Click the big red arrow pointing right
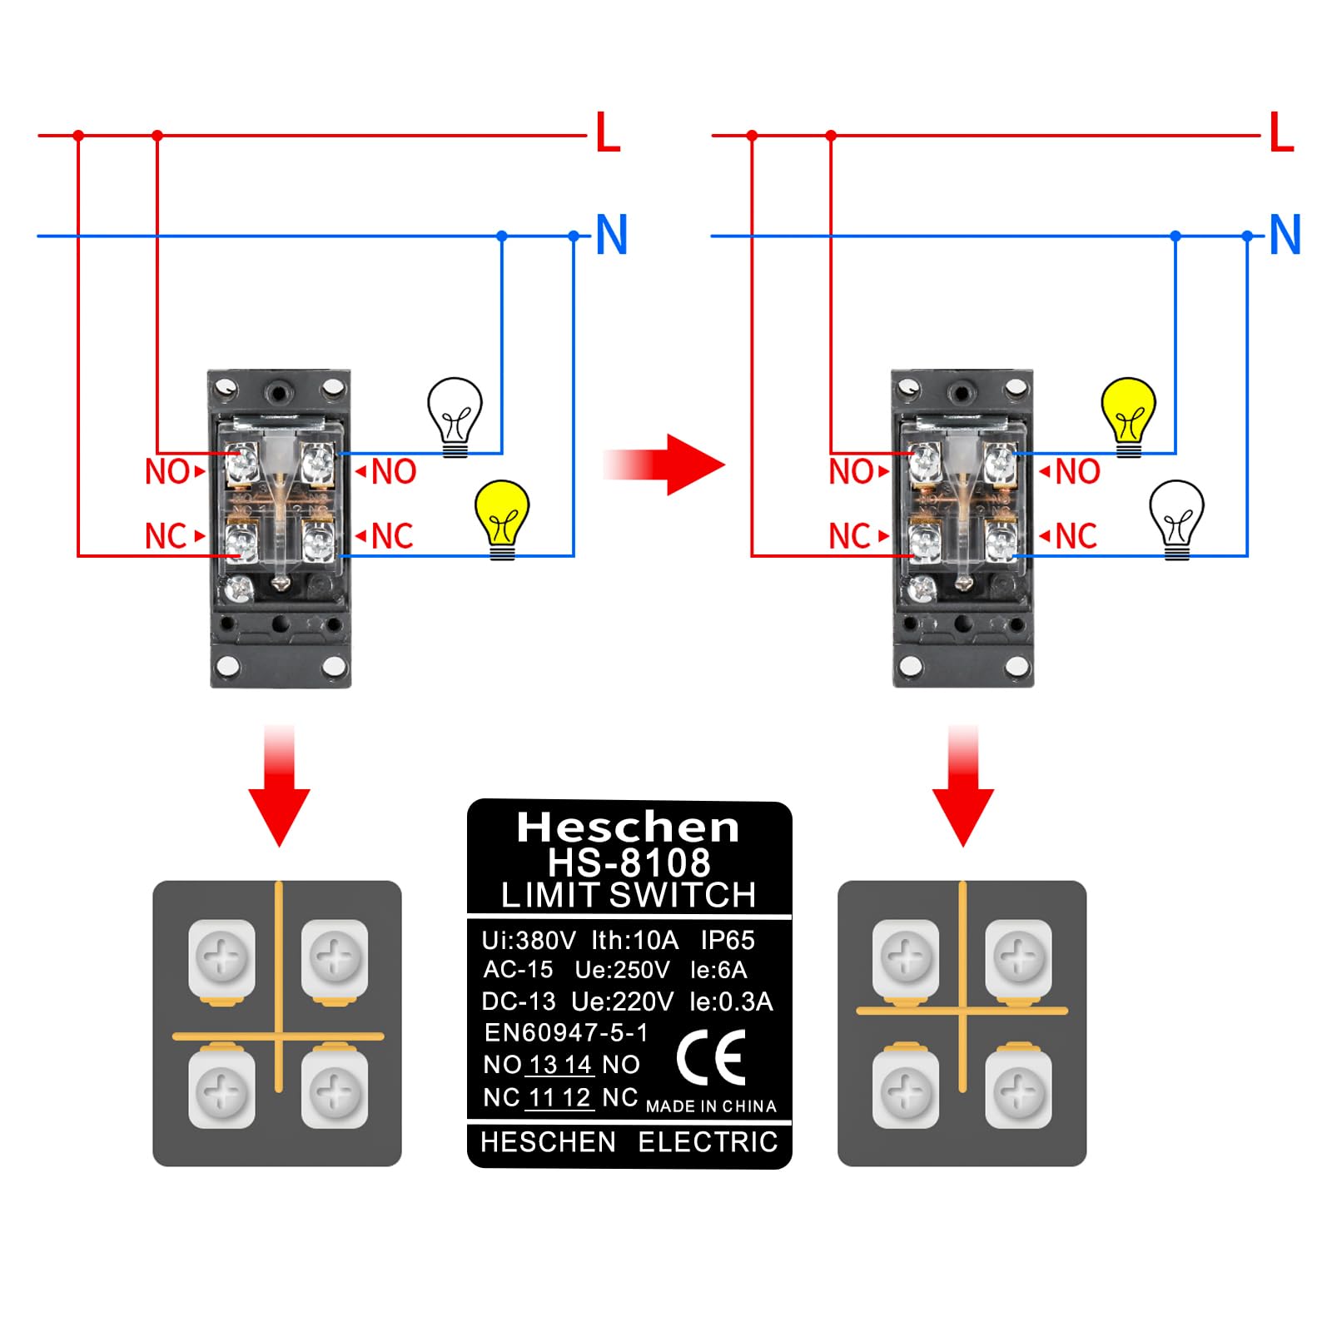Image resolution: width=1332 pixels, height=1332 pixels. (666, 464)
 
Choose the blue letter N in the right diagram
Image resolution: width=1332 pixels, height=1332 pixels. (1285, 236)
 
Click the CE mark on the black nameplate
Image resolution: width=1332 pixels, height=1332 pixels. (712, 1057)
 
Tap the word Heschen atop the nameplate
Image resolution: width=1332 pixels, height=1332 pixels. (628, 828)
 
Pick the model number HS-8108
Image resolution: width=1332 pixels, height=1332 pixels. (629, 862)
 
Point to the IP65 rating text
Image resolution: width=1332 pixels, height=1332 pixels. (727, 940)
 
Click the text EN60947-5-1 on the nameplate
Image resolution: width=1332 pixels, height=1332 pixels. (566, 1033)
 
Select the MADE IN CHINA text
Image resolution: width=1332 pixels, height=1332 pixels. (711, 1106)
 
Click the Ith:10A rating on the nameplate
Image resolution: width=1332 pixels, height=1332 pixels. (634, 940)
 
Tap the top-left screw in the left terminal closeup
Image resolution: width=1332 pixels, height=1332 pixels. (221, 957)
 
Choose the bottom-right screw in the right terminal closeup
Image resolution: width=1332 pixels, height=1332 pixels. (1018, 1091)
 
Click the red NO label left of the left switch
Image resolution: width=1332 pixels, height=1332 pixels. (167, 472)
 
